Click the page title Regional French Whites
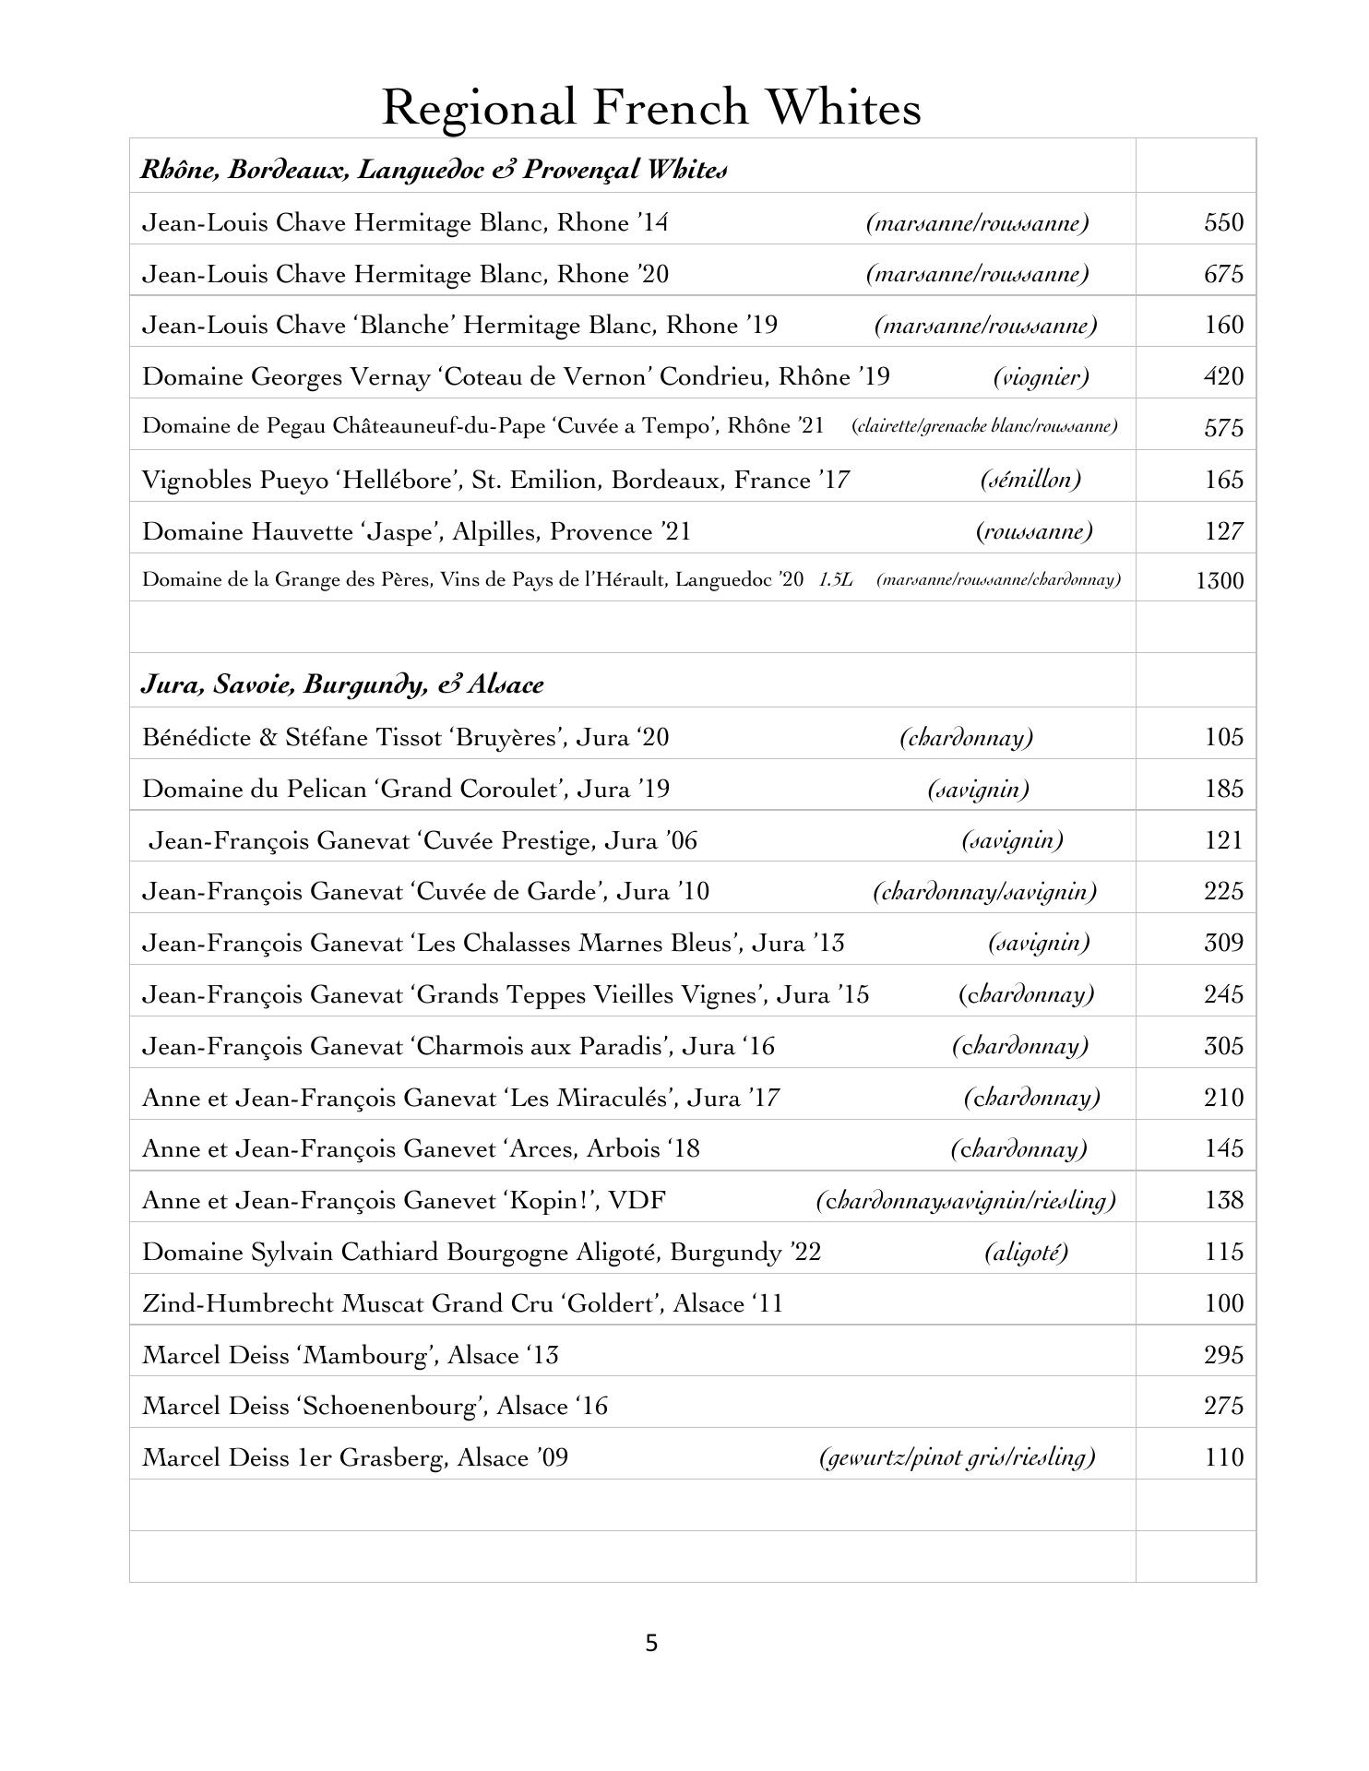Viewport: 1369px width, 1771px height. (651, 108)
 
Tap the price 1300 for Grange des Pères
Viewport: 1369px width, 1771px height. (1219, 580)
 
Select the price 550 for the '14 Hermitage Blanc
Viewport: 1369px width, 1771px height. (1223, 222)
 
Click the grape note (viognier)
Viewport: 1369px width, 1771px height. (1041, 376)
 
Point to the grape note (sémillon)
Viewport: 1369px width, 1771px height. (1030, 480)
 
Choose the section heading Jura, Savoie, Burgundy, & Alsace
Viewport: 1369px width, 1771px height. (342, 684)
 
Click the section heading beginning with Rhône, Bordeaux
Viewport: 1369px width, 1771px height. (434, 170)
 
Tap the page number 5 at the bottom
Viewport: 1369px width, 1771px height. (651, 1643)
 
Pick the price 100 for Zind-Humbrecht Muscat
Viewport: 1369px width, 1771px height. (1223, 1303)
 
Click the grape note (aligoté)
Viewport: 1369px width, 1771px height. (1026, 1252)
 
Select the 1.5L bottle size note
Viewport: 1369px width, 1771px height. (836, 580)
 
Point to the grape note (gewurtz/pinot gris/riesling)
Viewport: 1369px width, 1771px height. (957, 1457)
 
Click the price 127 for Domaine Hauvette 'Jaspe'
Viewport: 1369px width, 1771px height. (1223, 531)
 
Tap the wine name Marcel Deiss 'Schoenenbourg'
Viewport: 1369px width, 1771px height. (375, 1406)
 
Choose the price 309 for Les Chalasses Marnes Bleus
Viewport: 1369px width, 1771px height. (1223, 943)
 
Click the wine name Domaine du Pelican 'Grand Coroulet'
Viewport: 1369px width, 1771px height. (406, 789)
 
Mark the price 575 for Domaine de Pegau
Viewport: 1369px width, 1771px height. (1223, 428)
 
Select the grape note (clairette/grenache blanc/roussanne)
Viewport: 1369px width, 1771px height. (984, 426)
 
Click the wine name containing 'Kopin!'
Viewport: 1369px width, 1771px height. (404, 1200)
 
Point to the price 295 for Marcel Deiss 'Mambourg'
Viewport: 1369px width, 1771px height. (1223, 1355)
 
